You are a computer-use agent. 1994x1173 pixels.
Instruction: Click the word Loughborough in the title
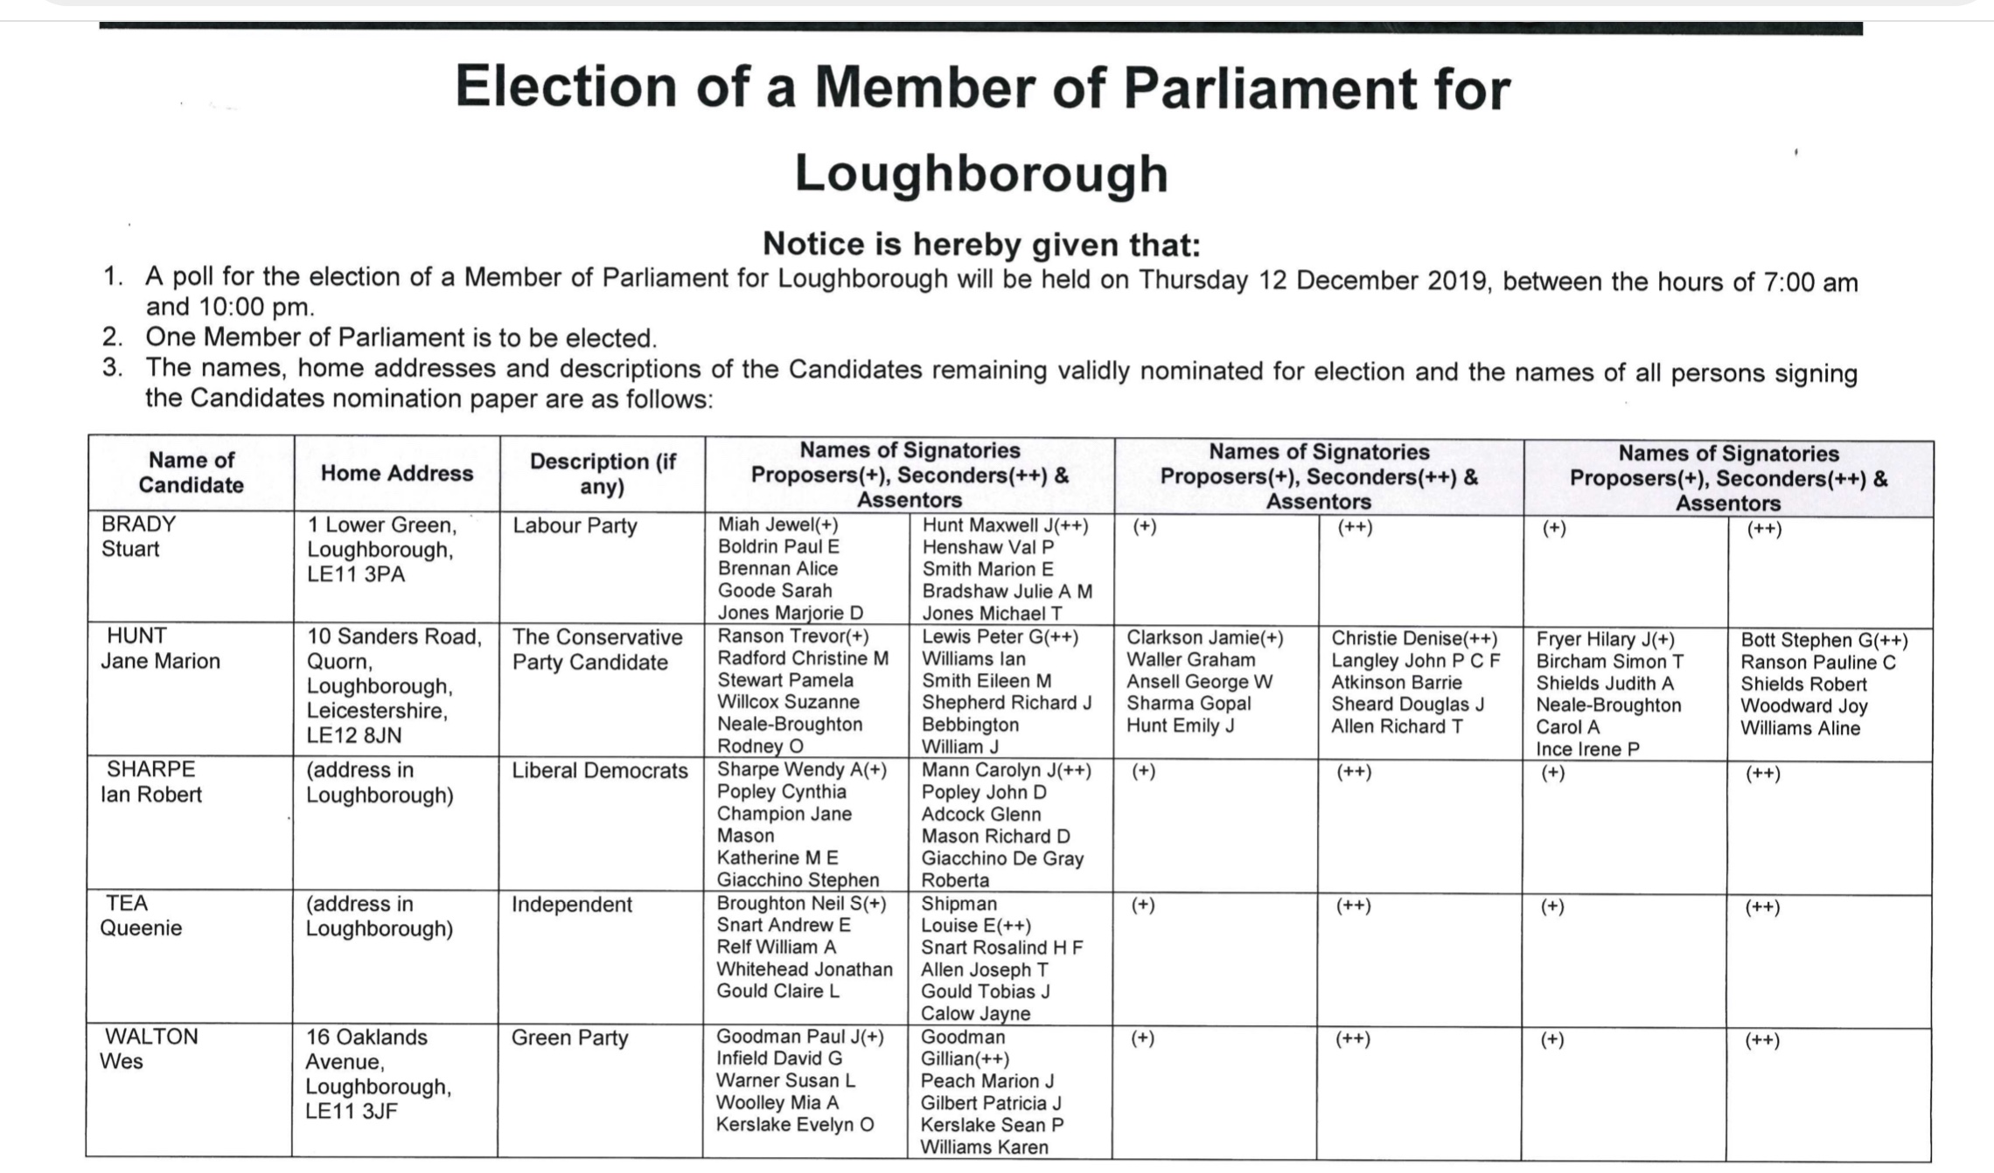click(x=980, y=173)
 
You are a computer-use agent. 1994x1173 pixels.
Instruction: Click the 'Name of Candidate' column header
click(x=191, y=472)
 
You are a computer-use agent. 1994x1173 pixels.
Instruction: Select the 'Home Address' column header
click(x=397, y=473)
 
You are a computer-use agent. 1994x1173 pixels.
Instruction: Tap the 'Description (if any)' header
click(x=603, y=473)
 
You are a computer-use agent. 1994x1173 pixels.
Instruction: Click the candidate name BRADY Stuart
click(x=138, y=536)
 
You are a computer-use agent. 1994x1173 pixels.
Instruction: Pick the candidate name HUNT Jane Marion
click(x=160, y=648)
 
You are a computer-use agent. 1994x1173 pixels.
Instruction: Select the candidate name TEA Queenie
click(x=140, y=915)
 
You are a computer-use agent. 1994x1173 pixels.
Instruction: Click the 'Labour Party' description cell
click(x=575, y=525)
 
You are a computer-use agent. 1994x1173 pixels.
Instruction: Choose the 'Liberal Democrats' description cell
click(x=600, y=770)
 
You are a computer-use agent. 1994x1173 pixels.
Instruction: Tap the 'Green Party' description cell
click(x=569, y=1038)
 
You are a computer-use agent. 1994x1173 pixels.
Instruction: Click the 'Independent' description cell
click(x=571, y=904)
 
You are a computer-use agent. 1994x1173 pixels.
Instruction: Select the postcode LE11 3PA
click(x=356, y=574)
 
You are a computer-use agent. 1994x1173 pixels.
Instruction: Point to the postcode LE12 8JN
click(x=354, y=735)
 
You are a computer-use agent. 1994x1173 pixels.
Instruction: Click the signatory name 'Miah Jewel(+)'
click(x=777, y=524)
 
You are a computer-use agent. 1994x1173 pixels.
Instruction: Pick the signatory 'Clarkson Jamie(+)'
click(x=1204, y=638)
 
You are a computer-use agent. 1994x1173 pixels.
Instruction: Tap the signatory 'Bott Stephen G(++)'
click(x=1824, y=641)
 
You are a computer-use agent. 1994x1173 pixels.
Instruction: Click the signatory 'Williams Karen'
click(x=984, y=1147)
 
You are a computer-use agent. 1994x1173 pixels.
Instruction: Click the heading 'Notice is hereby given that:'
click(x=981, y=244)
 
